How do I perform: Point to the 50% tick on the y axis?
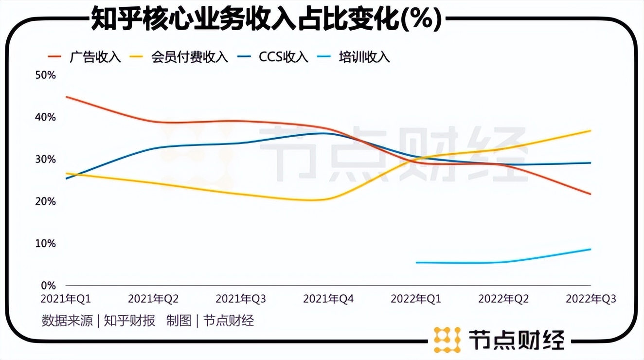tap(46, 75)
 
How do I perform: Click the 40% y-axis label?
tap(46, 117)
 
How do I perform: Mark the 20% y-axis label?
tap(46, 201)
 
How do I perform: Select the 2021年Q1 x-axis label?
tap(66, 299)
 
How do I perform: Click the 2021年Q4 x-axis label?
tap(328, 299)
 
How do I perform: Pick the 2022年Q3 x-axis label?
tap(590, 299)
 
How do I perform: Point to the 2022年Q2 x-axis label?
tap(503, 299)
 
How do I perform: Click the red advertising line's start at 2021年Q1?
tap(66, 97)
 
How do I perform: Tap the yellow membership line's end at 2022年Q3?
tap(590, 131)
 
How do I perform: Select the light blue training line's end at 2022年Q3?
tap(590, 249)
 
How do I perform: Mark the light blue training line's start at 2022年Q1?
tap(417, 263)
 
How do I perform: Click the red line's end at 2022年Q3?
tap(590, 194)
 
